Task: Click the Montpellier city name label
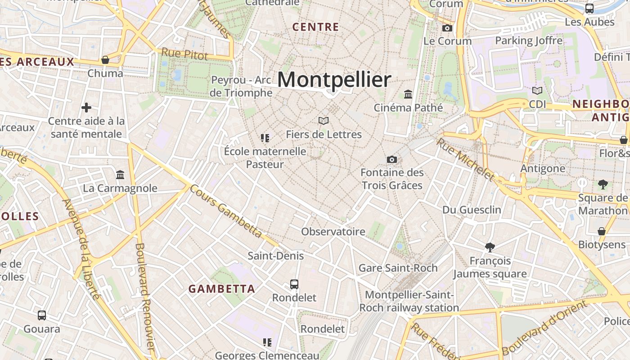[334, 80]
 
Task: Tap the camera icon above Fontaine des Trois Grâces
[392, 159]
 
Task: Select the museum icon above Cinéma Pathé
[408, 94]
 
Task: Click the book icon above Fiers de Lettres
[324, 121]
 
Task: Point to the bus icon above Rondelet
[294, 284]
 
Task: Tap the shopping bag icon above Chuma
[105, 60]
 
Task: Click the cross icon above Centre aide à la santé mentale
[86, 108]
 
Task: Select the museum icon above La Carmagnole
[120, 175]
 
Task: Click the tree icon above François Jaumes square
[490, 247]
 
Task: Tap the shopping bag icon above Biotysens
[602, 231]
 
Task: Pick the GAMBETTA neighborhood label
[222, 289]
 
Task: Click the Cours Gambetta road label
[226, 211]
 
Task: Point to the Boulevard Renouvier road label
[145, 297]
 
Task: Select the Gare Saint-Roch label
[398, 268]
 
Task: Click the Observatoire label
[333, 232]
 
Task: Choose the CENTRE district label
[315, 27]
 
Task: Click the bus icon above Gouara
[42, 315]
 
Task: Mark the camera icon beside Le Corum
[447, 28]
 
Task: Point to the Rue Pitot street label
[184, 54]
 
